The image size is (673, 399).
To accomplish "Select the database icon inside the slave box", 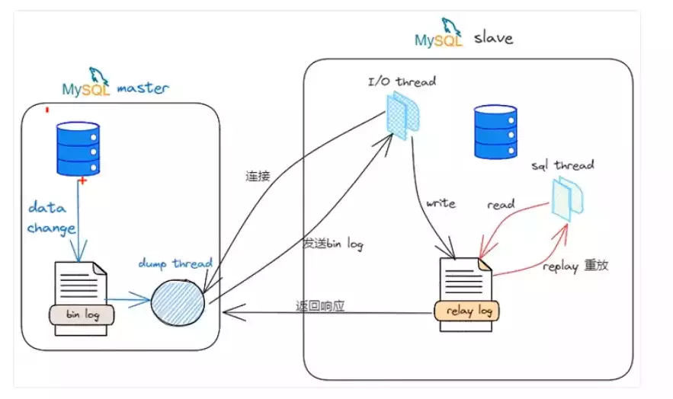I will click(x=495, y=131).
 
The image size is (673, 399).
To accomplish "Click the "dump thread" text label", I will click(x=175, y=263).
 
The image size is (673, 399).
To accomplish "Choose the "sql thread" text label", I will click(x=563, y=165).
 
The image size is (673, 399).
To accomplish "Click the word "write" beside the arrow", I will click(x=441, y=203).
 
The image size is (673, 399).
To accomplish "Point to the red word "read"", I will click(x=501, y=204).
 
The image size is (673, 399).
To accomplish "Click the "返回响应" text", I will click(x=320, y=306).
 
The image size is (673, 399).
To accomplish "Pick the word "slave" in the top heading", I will click(x=496, y=37).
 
